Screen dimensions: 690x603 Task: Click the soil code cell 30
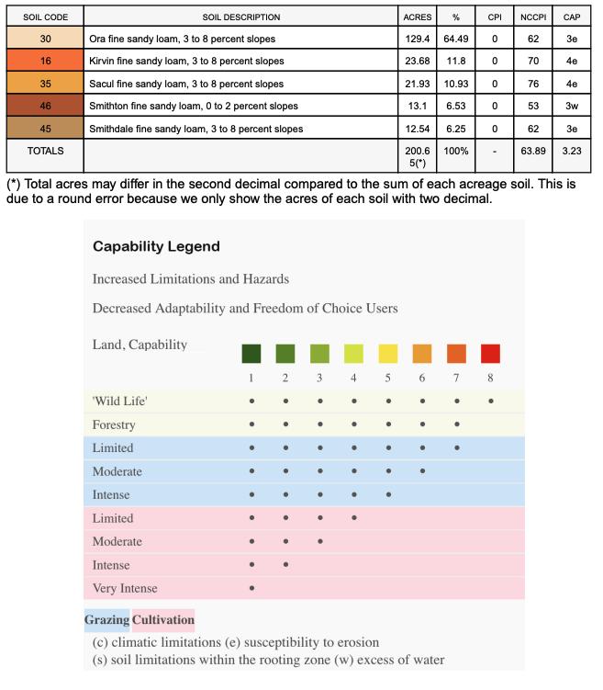coord(45,39)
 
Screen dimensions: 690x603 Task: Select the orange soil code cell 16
coord(45,61)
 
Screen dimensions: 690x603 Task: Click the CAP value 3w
coord(571,106)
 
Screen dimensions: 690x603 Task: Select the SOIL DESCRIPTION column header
coord(241,17)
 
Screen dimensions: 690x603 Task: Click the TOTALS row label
coord(45,149)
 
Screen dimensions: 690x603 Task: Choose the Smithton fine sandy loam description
coord(194,106)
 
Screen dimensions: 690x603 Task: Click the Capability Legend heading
coord(156,247)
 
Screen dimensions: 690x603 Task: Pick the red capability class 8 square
coord(491,354)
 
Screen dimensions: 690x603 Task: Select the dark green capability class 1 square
coord(251,354)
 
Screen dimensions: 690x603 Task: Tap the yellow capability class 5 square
coord(388,354)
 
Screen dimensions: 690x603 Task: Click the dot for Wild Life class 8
coord(491,402)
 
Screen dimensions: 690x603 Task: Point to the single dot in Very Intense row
coord(251,588)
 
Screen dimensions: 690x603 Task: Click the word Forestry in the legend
coord(114,424)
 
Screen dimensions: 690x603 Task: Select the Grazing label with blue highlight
coord(106,620)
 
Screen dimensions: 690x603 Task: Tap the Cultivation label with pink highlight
coord(163,620)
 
